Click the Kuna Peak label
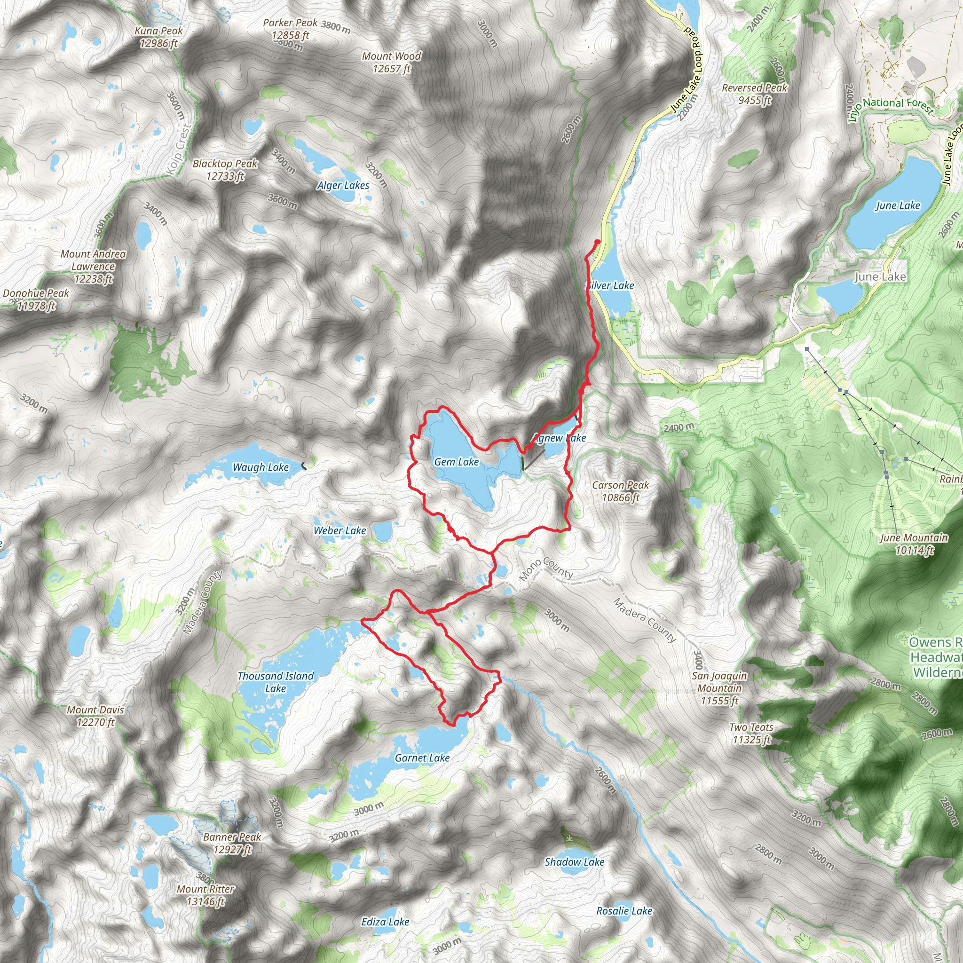click(x=158, y=37)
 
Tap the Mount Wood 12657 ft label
click(x=391, y=63)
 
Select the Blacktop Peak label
click(x=225, y=169)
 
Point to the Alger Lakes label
click(x=343, y=186)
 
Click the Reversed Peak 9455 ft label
click(x=754, y=94)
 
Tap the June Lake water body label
click(x=898, y=205)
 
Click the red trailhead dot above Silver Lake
click(x=597, y=242)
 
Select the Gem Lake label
click(x=456, y=462)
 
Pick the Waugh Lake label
click(x=260, y=467)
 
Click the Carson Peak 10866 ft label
click(x=620, y=491)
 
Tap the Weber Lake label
click(x=339, y=531)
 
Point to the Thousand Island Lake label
click(x=275, y=682)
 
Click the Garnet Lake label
click(x=422, y=758)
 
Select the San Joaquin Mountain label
click(x=719, y=688)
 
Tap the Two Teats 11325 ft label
click(x=751, y=733)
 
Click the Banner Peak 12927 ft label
click(x=232, y=843)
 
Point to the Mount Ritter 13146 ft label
click(x=205, y=895)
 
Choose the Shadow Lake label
click(x=574, y=862)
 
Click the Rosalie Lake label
click(x=624, y=911)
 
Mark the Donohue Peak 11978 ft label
click(x=36, y=299)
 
